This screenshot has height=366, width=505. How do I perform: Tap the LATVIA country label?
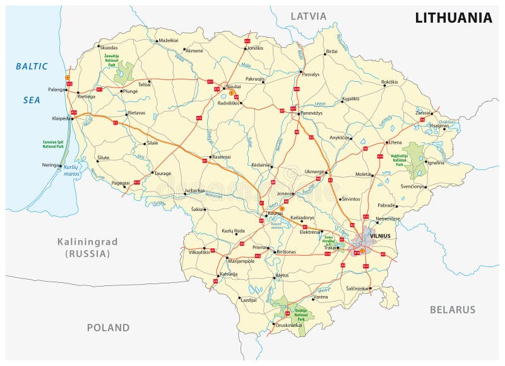pyautogui.click(x=309, y=15)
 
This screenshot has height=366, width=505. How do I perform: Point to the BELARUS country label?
pyautogui.click(x=452, y=309)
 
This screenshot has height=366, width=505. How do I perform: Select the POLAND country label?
pyautogui.click(x=108, y=328)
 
